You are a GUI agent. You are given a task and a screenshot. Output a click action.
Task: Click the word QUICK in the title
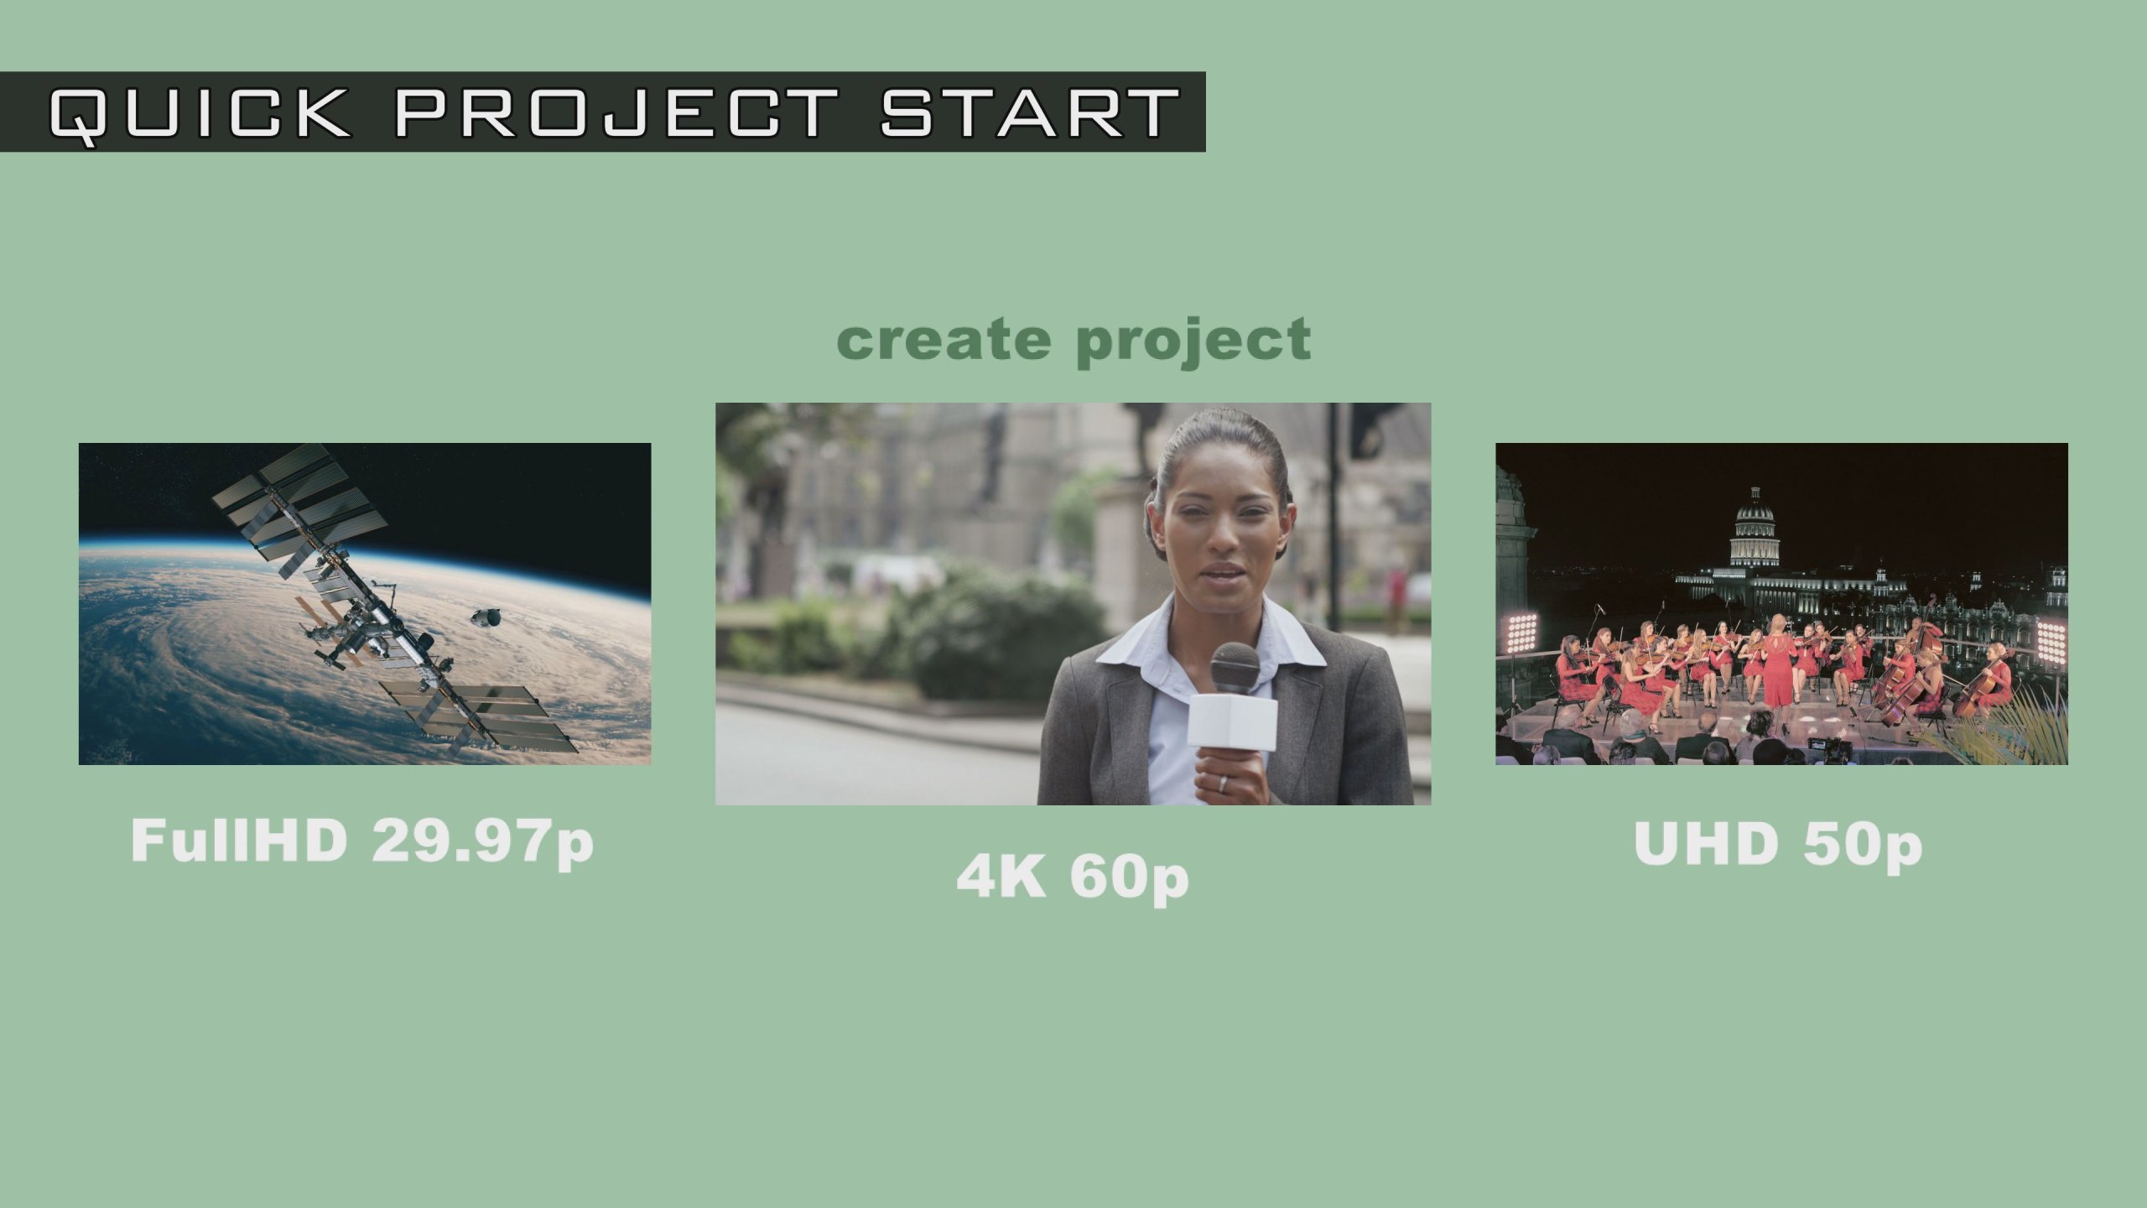[200, 113]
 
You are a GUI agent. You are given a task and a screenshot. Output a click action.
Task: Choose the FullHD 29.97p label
[362, 842]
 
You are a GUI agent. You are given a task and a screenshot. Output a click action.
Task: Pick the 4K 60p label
[1073, 878]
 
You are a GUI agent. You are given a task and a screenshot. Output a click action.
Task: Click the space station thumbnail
[365, 604]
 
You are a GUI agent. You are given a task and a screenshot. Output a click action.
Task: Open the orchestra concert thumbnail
[1782, 604]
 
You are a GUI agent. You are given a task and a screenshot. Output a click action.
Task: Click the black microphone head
[1235, 668]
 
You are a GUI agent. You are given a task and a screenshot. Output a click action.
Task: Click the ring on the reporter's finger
[1221, 783]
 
